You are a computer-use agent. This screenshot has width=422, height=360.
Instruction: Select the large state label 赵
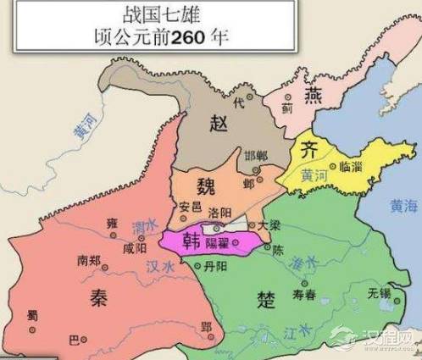219,124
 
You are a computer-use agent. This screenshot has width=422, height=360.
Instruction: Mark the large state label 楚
267,300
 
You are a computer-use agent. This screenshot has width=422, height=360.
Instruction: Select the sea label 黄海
402,206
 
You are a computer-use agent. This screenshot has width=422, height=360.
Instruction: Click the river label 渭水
142,226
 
